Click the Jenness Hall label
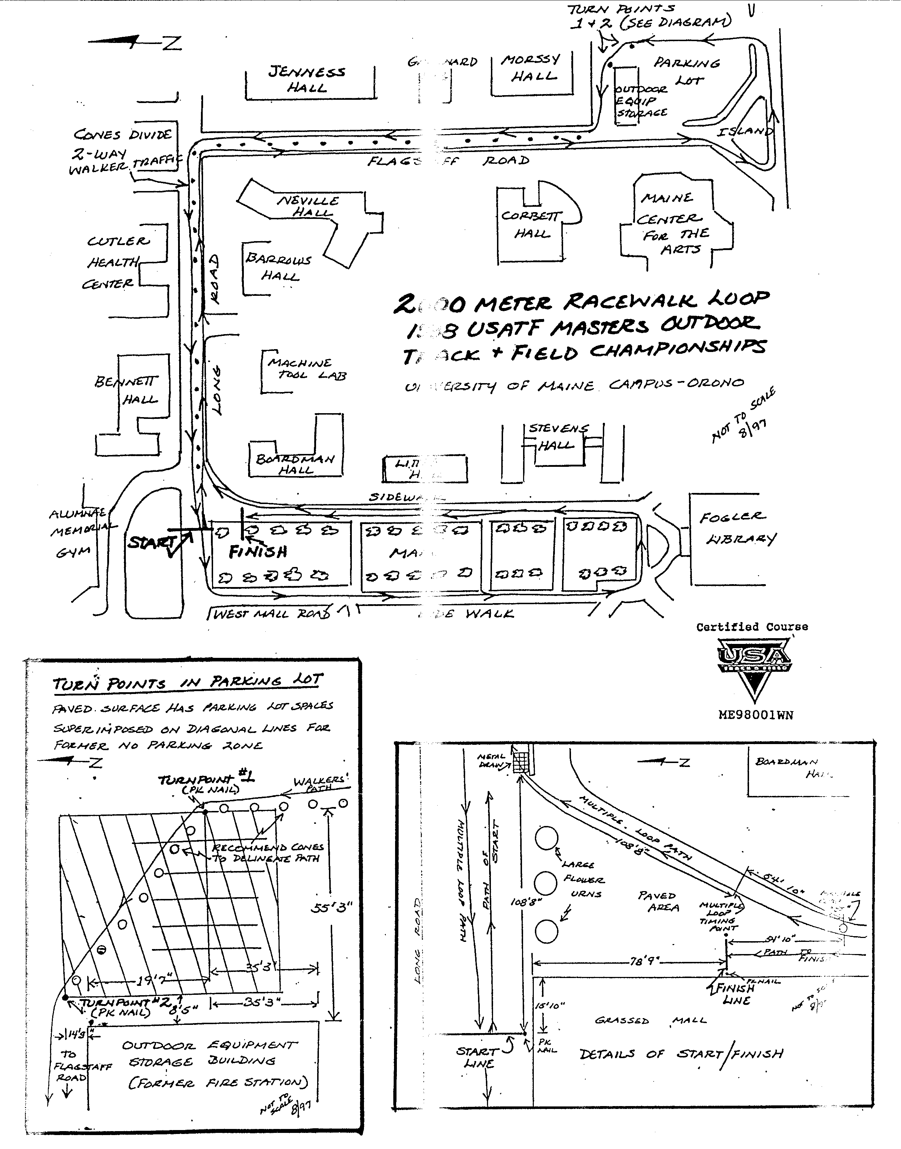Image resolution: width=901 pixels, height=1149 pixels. (307, 79)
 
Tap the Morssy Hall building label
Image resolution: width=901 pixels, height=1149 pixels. (532, 68)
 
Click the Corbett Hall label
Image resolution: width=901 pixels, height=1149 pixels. (532, 224)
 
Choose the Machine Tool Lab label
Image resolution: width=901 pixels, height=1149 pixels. (306, 369)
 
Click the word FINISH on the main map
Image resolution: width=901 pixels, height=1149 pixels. (258, 552)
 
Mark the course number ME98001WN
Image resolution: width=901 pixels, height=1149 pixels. (755, 715)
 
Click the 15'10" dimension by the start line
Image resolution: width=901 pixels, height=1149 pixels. (549, 1006)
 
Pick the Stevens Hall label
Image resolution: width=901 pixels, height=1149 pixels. (557, 436)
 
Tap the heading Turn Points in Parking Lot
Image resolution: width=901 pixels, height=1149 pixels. (187, 683)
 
